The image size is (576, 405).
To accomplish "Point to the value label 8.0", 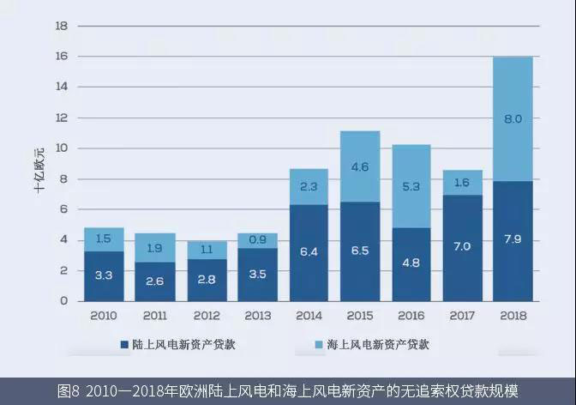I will pos(513,120).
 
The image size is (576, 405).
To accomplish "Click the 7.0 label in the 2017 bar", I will pos(462,247).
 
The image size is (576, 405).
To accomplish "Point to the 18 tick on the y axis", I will pos(61,27).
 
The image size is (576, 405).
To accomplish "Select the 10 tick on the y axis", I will pos(61,148).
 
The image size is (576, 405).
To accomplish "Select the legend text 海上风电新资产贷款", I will pos(377,345).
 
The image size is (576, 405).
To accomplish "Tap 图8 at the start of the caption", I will pos(68,390).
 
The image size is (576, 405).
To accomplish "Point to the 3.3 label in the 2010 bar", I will pos(104,276).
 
